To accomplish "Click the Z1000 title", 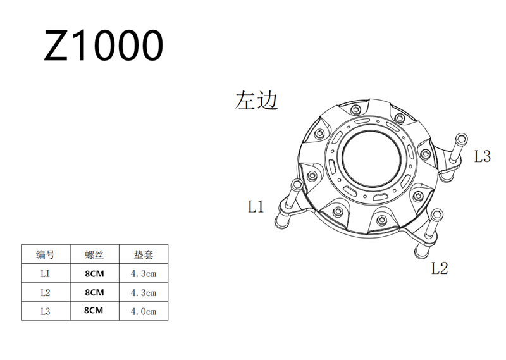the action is [104, 45].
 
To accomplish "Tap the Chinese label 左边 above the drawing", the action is [257, 100].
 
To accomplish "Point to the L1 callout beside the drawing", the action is [256, 206].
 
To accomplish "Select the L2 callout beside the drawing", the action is [440, 268].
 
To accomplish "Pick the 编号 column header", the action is [46, 255].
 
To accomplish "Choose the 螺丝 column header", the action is [94, 255].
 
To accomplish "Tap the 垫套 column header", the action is [144, 255].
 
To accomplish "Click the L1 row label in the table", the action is [45, 273].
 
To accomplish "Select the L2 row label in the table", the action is [46, 292].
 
